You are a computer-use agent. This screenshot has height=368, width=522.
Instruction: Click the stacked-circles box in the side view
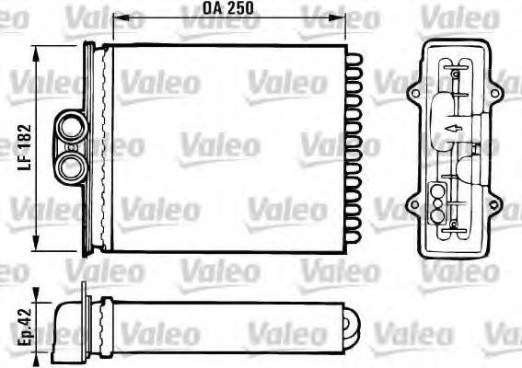(x=438, y=197)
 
